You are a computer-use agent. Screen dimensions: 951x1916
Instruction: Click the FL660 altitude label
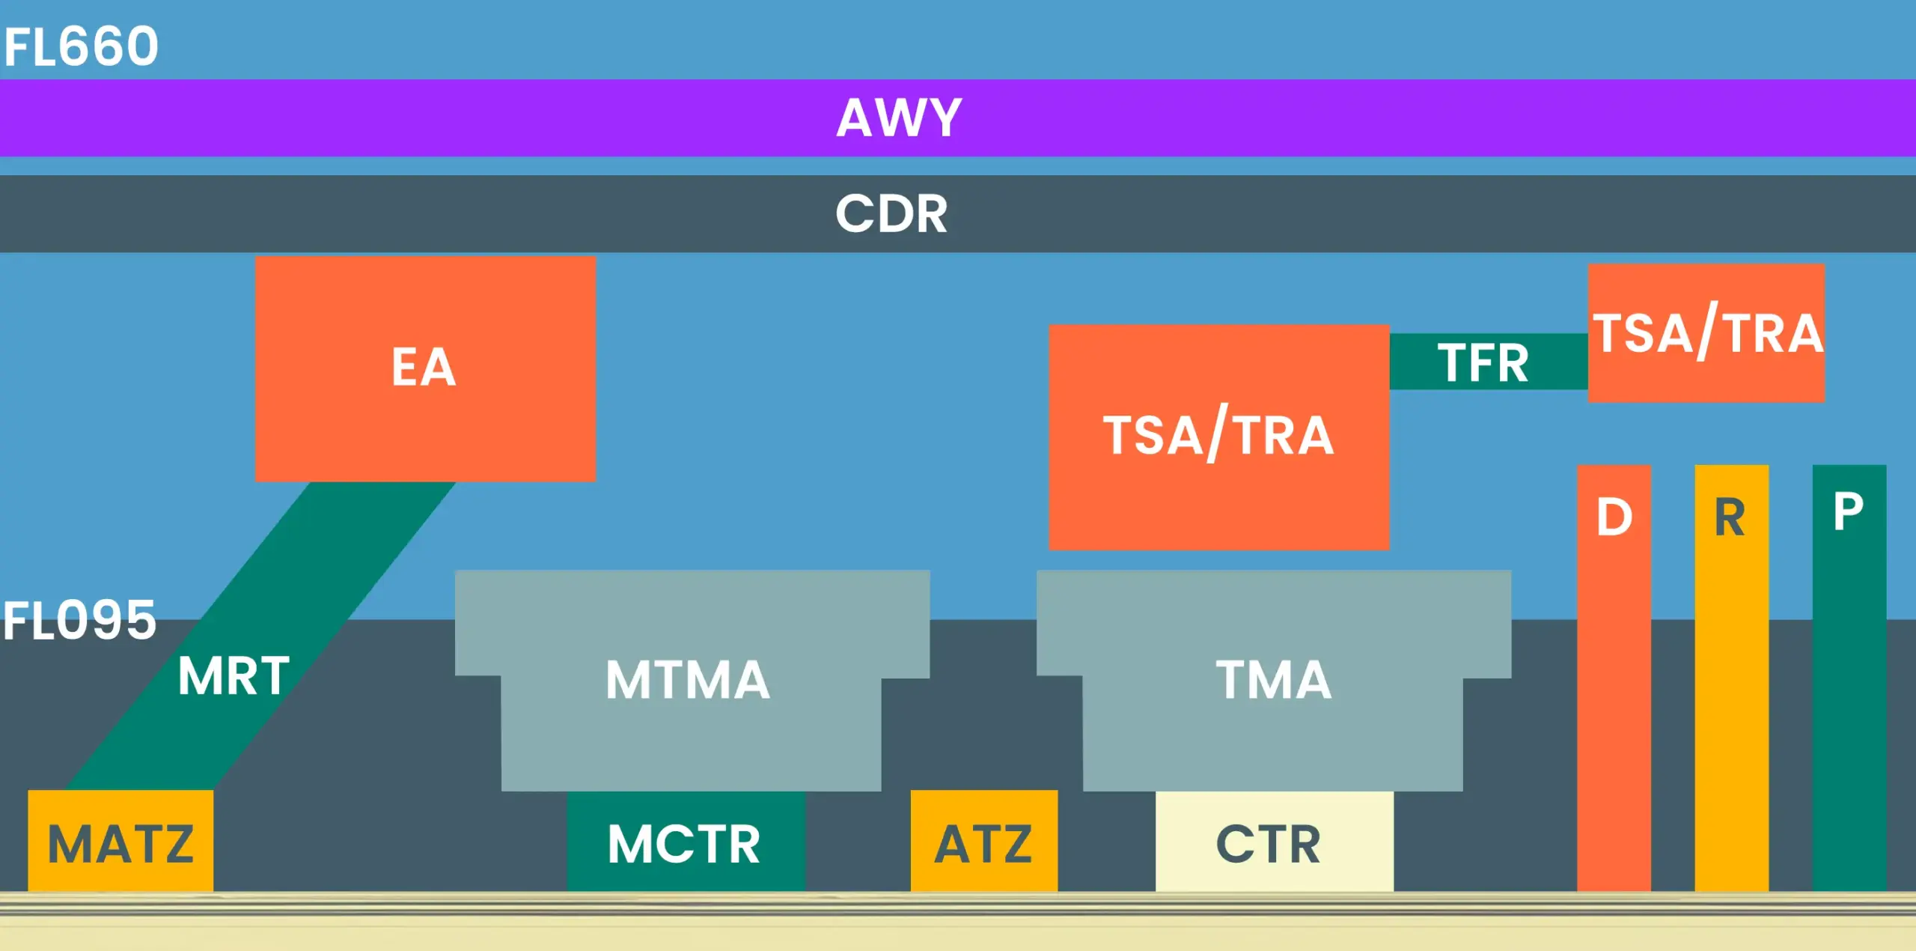81,46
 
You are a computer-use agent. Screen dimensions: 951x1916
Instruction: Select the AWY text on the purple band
899,118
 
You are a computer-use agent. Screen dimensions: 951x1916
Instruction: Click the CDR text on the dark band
891,214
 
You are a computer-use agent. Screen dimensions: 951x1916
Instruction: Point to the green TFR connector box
1487,362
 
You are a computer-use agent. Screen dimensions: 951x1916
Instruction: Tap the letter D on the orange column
1614,517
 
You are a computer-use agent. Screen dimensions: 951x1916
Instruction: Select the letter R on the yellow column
1730,517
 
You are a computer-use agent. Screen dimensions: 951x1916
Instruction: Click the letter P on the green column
1848,512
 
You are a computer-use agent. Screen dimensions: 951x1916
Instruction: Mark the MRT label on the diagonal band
234,676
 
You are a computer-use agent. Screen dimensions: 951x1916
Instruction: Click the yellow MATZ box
120,842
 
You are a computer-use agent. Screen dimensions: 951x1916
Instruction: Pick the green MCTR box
686,869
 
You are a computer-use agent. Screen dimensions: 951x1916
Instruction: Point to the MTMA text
688,680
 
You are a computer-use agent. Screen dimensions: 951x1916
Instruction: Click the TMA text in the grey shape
1273,680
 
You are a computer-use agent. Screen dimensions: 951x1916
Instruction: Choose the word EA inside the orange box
424,367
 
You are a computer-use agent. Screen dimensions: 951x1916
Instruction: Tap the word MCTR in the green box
684,843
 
